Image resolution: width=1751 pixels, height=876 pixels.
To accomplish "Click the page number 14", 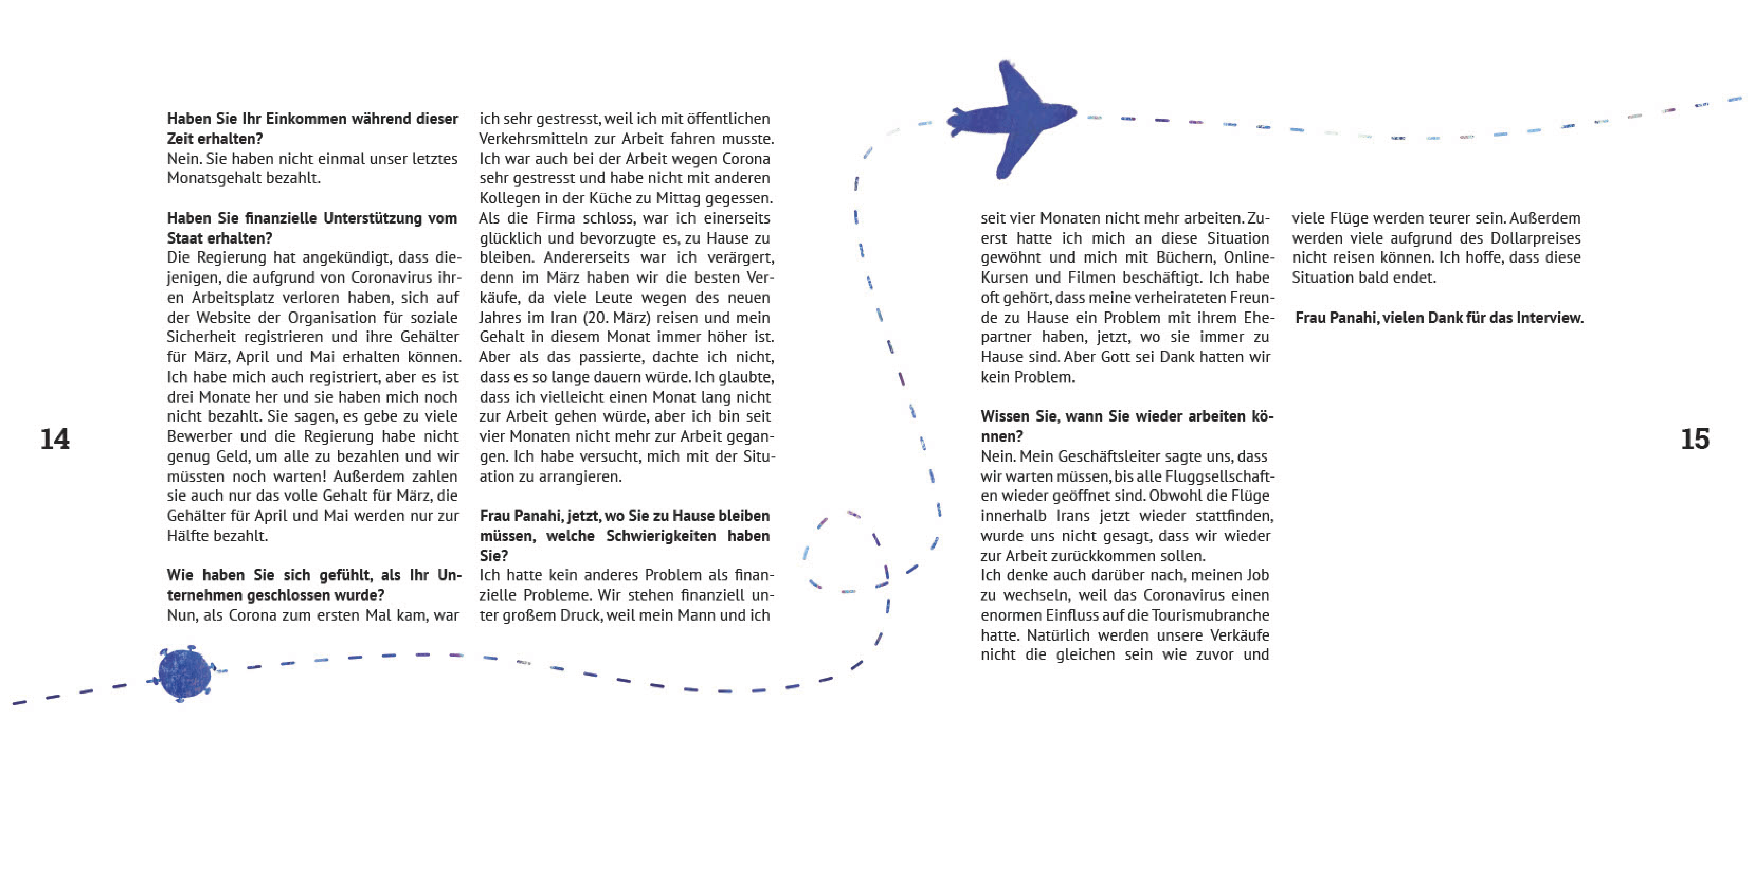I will (x=54, y=439).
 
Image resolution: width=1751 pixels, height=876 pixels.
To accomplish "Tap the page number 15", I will (x=1695, y=439).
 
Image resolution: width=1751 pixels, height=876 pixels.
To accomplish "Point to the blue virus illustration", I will (x=183, y=673).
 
